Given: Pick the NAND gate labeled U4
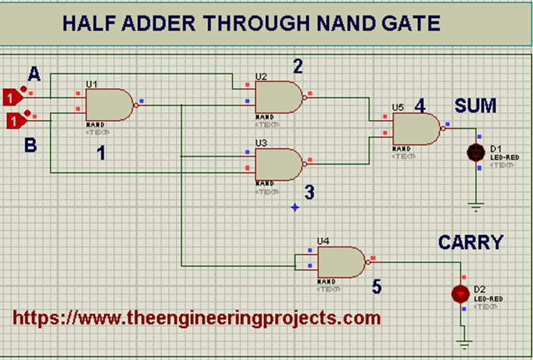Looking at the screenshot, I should tap(341, 263).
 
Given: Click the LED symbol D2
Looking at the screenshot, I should tap(460, 293).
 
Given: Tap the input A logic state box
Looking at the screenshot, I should tap(12, 98).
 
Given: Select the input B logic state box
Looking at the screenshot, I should tap(15, 122).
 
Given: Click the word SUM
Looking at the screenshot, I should tap(475, 106).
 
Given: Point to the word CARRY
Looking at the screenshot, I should tap(470, 242).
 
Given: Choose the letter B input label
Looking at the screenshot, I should tap(30, 146).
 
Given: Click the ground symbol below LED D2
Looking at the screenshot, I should tap(463, 342).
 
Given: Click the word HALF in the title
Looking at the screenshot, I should tap(89, 23).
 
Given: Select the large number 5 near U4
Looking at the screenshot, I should tap(376, 286).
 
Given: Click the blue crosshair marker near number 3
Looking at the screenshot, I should tap(296, 207).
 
